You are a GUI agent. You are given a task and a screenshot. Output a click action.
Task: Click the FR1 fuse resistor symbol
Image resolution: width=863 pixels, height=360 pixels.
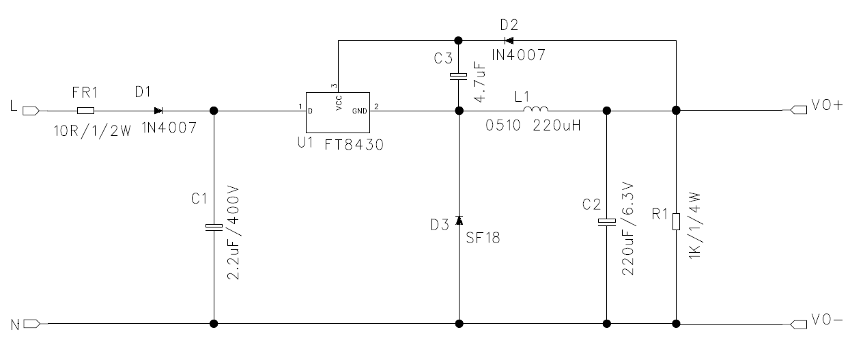(x=85, y=111)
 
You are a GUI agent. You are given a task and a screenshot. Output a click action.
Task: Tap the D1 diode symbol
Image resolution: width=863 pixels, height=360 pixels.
(x=158, y=111)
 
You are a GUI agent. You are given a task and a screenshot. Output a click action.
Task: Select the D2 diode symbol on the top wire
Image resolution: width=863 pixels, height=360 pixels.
(x=509, y=40)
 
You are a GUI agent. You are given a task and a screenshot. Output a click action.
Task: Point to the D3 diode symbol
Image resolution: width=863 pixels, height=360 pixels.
(x=459, y=220)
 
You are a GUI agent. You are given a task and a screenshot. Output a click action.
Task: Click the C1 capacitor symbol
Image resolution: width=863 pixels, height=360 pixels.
(x=214, y=227)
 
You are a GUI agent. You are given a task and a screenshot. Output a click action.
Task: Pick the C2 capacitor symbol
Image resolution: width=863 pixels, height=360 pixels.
(x=607, y=222)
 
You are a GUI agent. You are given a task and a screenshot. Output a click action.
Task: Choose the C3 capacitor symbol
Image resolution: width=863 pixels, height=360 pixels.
(x=459, y=77)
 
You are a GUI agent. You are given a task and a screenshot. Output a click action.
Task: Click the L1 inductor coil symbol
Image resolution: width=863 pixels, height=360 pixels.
(x=536, y=109)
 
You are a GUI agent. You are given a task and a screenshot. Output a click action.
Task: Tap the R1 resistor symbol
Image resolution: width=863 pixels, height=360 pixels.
(x=676, y=221)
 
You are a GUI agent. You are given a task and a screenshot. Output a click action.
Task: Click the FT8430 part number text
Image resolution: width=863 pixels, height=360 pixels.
(x=354, y=145)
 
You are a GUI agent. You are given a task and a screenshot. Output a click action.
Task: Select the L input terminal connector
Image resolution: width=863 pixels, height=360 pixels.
(x=31, y=111)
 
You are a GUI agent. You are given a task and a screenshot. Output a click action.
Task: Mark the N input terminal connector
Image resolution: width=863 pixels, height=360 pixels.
(x=31, y=324)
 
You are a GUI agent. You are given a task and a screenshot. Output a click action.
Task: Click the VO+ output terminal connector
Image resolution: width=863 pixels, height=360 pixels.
(x=799, y=110)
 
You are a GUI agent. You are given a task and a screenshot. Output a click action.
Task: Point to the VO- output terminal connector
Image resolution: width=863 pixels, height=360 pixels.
(x=799, y=324)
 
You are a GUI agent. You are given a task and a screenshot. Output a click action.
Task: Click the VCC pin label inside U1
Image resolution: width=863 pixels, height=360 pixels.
(x=339, y=103)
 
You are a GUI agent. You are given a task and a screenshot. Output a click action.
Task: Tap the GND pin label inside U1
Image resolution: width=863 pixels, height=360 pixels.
(x=359, y=111)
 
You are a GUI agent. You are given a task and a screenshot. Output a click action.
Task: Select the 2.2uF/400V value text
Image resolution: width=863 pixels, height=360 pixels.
(x=233, y=233)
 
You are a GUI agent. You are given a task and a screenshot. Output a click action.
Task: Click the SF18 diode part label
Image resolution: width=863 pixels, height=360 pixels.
(x=483, y=238)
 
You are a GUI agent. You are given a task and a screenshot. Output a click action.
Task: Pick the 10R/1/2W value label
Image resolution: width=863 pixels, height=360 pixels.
(x=92, y=131)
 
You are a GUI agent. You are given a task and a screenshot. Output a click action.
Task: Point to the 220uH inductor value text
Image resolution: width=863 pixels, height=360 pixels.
(x=556, y=126)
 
